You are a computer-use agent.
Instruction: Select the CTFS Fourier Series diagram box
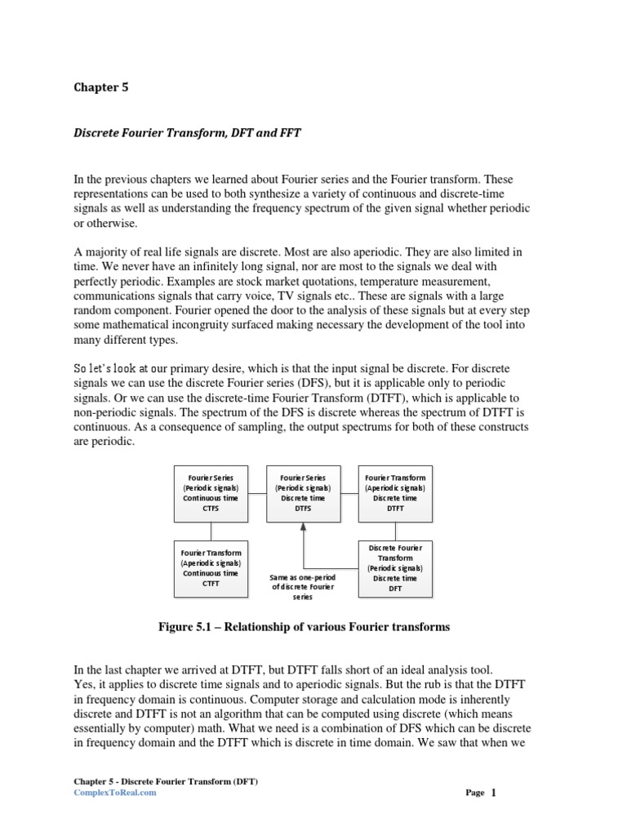coord(211,493)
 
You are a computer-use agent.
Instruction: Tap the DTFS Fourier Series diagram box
coord(304,493)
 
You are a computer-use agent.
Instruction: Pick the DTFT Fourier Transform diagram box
coord(396,493)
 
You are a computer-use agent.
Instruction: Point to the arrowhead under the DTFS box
coord(304,527)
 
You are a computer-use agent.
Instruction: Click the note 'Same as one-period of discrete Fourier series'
coord(303,587)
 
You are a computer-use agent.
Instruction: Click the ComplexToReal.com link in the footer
coord(114,792)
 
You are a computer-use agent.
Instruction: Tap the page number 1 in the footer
coord(494,792)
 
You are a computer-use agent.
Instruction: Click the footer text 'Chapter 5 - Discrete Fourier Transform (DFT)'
coord(166,781)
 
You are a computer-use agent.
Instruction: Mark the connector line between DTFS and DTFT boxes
coord(349,492)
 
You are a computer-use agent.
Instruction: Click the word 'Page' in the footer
coord(475,793)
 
